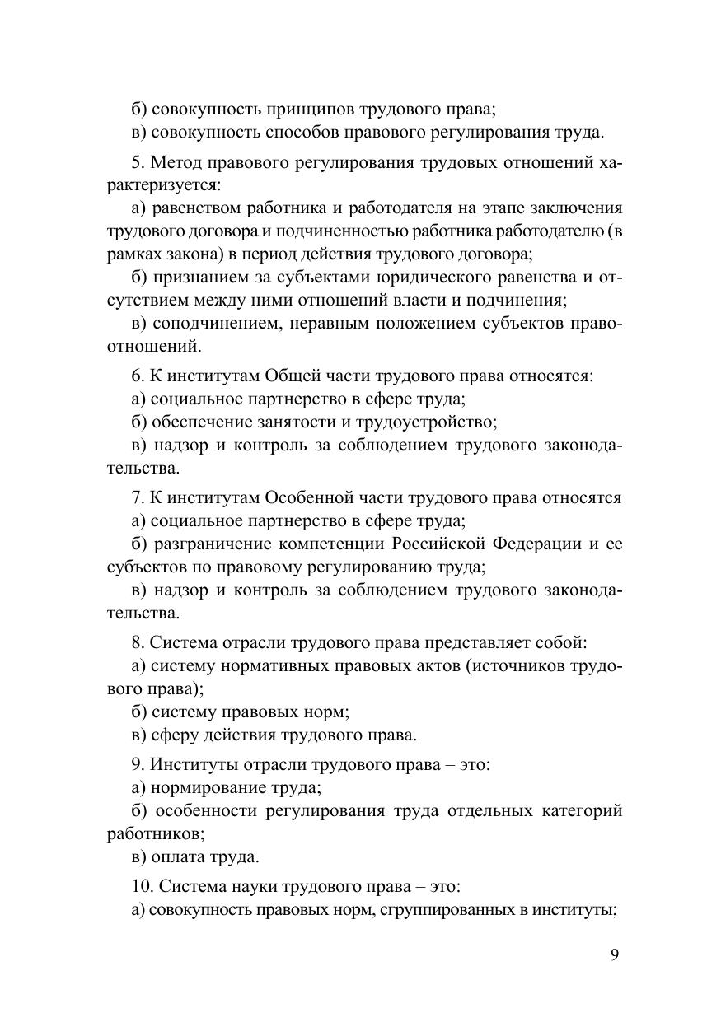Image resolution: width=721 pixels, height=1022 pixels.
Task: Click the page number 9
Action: point(615,954)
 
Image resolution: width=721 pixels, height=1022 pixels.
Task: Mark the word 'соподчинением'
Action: point(213,323)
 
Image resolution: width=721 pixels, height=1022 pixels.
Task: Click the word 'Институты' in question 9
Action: point(190,764)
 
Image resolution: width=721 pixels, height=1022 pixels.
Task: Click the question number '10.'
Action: point(142,886)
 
